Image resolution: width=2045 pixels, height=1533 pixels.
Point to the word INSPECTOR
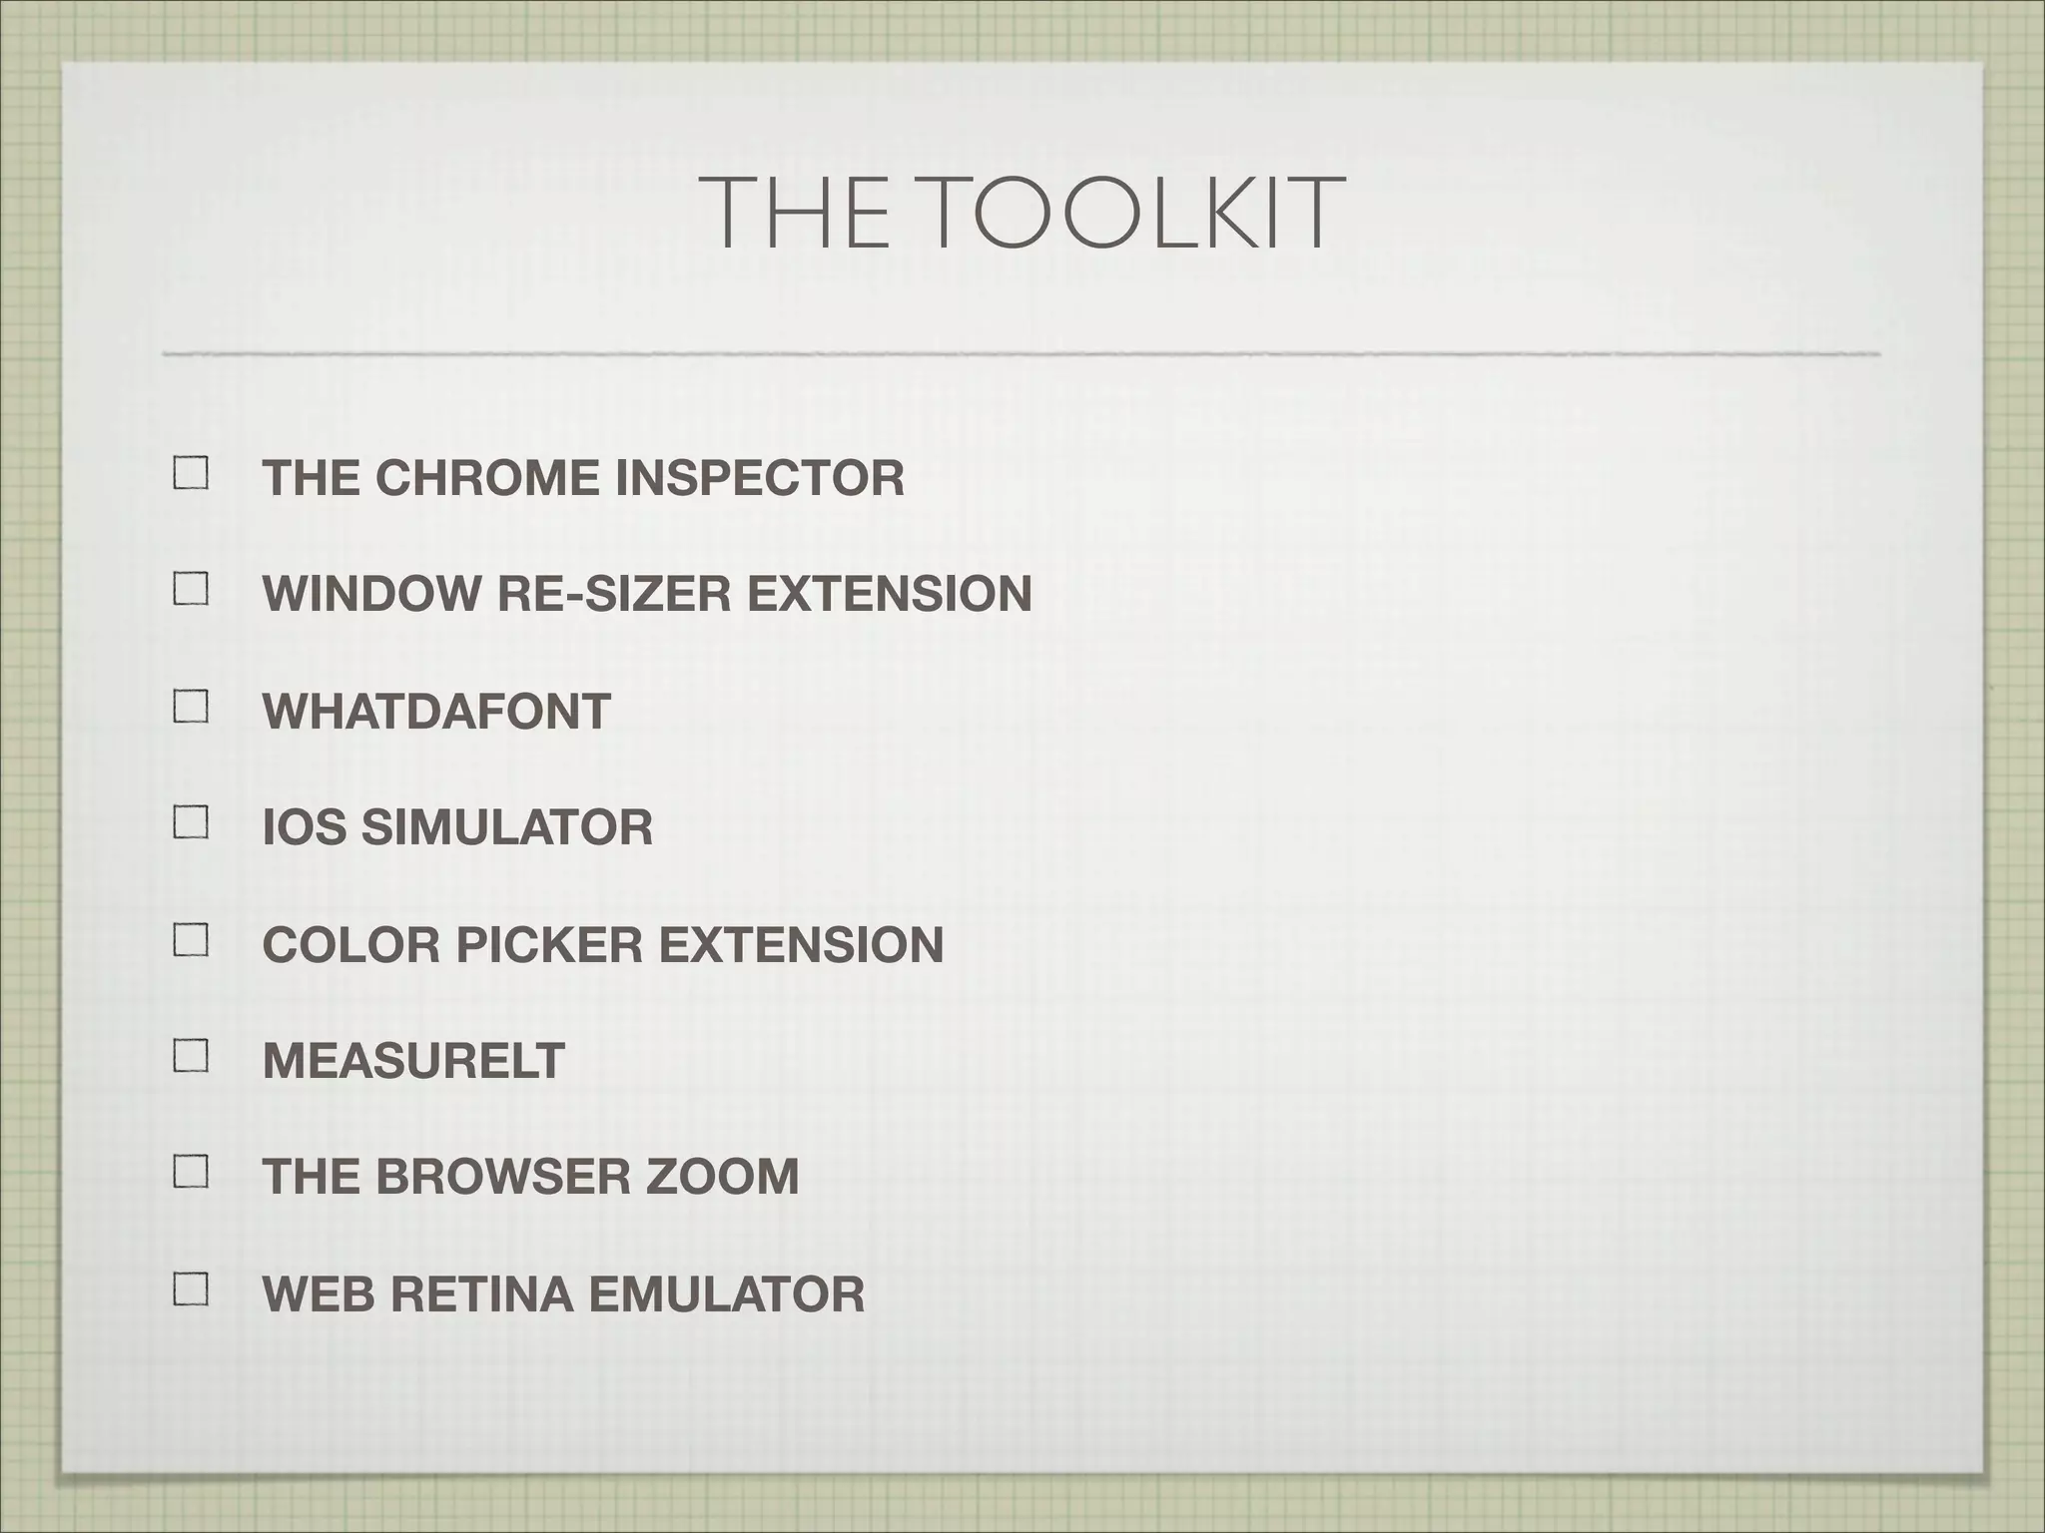tap(759, 478)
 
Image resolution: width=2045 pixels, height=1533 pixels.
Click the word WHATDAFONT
tap(436, 712)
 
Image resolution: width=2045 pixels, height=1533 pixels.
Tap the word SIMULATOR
tap(506, 828)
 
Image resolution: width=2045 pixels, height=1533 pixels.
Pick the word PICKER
tap(549, 945)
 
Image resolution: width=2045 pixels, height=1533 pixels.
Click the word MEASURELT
tap(413, 1061)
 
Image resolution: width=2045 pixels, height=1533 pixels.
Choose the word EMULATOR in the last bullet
tap(726, 1294)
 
